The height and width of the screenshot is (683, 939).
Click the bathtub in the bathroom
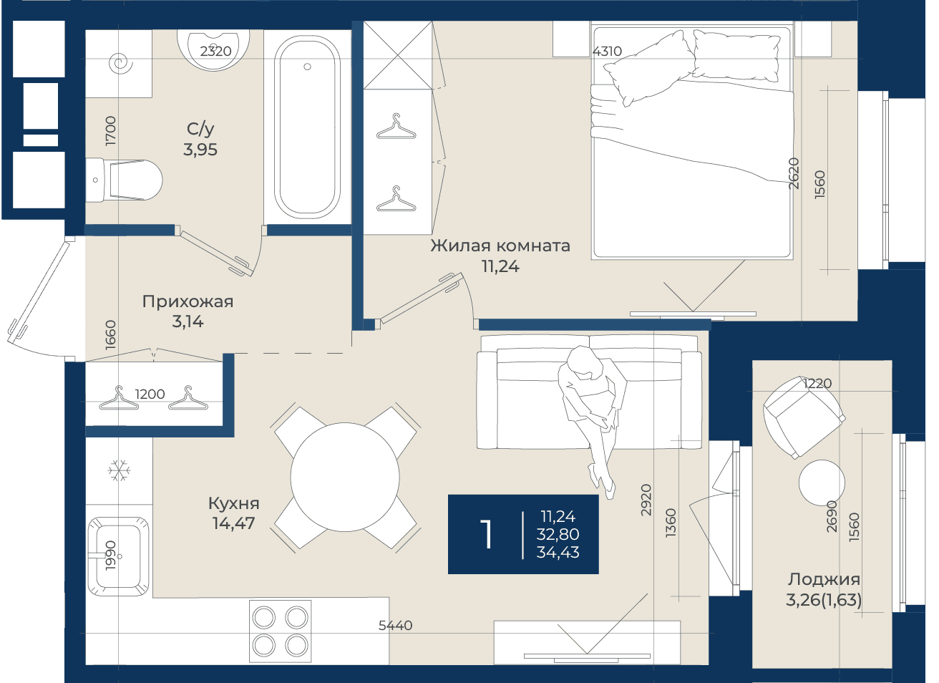[307, 127]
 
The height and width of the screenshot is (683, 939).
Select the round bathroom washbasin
[213, 49]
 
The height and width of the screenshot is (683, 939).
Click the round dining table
[345, 477]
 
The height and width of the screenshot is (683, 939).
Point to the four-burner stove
[281, 631]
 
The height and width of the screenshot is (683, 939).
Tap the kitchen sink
[119, 556]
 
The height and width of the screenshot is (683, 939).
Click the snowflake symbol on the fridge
[119, 470]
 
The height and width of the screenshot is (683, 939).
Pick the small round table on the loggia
[822, 483]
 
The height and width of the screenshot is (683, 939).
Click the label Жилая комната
[500, 246]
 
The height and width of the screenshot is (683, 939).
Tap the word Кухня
[233, 503]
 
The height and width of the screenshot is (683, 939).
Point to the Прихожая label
[188, 301]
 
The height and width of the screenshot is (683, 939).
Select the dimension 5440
[395, 626]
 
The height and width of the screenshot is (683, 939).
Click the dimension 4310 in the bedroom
[607, 51]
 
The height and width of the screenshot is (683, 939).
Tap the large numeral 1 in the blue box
[486, 534]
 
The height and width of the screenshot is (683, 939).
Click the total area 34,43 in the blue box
[558, 552]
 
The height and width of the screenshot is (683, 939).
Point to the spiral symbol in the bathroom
[121, 64]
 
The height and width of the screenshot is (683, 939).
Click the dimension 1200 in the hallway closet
[150, 394]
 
